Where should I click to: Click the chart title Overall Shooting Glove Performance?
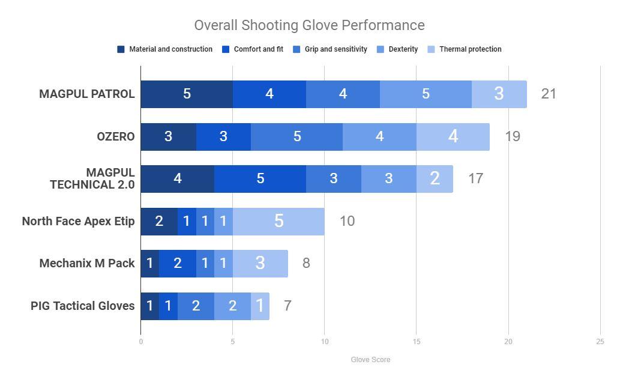click(x=309, y=25)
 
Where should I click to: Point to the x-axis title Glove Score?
click(x=370, y=360)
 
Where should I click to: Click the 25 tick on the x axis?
click(x=600, y=342)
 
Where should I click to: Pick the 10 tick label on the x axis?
click(x=324, y=342)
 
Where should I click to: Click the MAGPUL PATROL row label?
click(x=87, y=94)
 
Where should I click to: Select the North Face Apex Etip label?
click(x=78, y=221)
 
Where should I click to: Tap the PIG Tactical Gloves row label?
click(x=83, y=306)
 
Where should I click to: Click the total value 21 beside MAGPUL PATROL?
click(x=549, y=94)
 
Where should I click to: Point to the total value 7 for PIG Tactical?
click(x=287, y=306)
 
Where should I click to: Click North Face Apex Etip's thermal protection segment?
click(x=278, y=221)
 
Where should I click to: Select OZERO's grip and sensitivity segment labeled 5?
click(x=296, y=136)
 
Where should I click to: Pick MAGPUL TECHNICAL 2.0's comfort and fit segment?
click(x=260, y=178)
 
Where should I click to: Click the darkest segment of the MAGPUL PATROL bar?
click(x=187, y=94)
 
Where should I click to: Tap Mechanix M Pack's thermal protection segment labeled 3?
click(x=260, y=263)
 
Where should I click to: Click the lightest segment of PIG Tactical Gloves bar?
click(x=260, y=306)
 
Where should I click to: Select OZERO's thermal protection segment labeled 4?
click(x=453, y=136)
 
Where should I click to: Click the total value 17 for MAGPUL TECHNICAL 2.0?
click(x=475, y=178)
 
